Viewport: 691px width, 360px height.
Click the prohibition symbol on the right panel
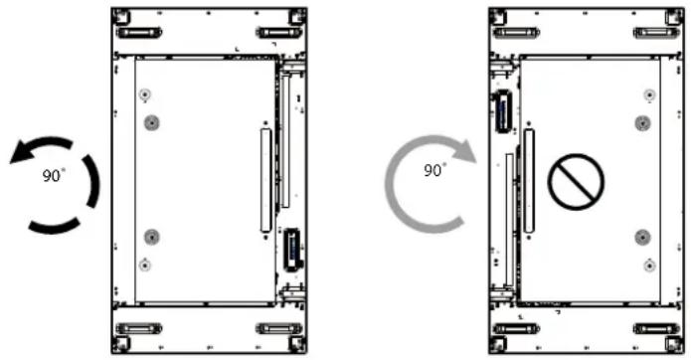(576, 182)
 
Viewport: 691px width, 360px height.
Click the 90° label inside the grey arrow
(434, 170)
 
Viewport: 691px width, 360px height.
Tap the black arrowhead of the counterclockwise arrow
(21, 152)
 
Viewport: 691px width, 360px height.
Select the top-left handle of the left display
(139, 33)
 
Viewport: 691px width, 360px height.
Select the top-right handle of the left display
(279, 33)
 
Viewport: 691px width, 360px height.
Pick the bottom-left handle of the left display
(139, 328)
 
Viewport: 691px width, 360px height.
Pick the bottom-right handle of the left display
(279, 328)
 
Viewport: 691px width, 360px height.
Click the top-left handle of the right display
(516, 33)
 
